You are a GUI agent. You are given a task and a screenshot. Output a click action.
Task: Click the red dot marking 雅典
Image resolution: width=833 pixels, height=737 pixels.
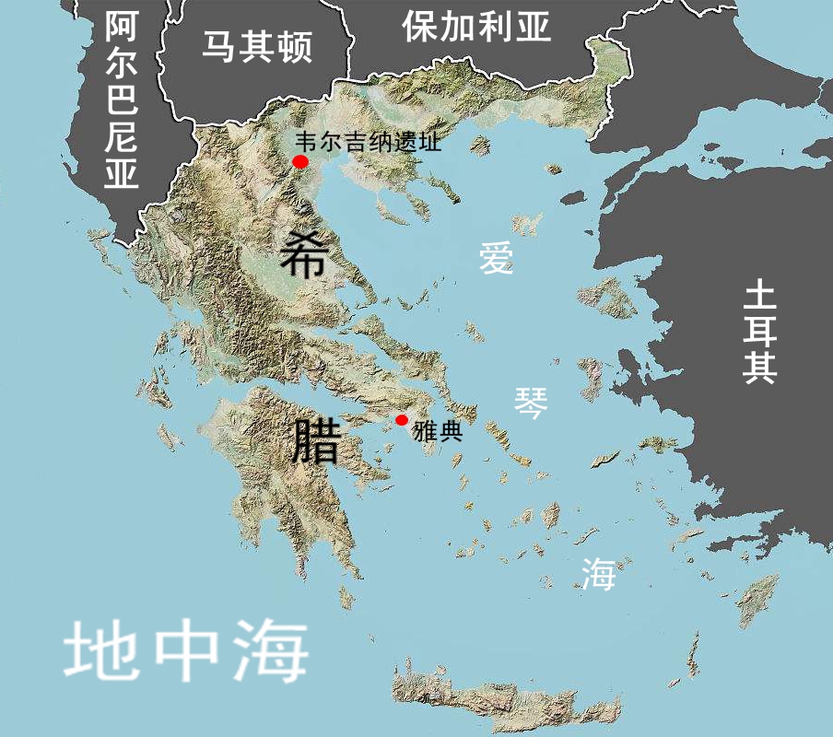(x=402, y=420)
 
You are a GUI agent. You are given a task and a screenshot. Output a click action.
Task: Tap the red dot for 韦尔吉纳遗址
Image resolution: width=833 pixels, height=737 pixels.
(x=300, y=162)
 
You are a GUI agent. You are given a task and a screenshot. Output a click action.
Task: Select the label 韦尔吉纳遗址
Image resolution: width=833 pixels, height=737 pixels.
(x=369, y=143)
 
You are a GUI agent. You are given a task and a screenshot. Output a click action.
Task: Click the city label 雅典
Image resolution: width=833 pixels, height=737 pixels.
(x=438, y=432)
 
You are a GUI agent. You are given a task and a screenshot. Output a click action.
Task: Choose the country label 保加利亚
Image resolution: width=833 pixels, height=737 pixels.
(x=476, y=28)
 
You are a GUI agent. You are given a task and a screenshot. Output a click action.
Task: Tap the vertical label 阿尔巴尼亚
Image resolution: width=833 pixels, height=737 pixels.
(x=121, y=101)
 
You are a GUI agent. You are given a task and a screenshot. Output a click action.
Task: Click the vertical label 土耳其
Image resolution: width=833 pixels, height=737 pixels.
(x=761, y=332)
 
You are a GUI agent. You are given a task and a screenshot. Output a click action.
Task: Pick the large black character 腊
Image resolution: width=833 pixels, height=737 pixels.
(x=313, y=440)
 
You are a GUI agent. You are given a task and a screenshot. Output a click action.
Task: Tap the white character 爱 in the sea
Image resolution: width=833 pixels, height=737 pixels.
(x=497, y=259)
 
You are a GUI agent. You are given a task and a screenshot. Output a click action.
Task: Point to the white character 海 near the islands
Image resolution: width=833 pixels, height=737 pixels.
(x=598, y=575)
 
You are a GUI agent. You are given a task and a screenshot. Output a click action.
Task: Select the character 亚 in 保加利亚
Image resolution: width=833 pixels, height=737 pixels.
(x=534, y=28)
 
